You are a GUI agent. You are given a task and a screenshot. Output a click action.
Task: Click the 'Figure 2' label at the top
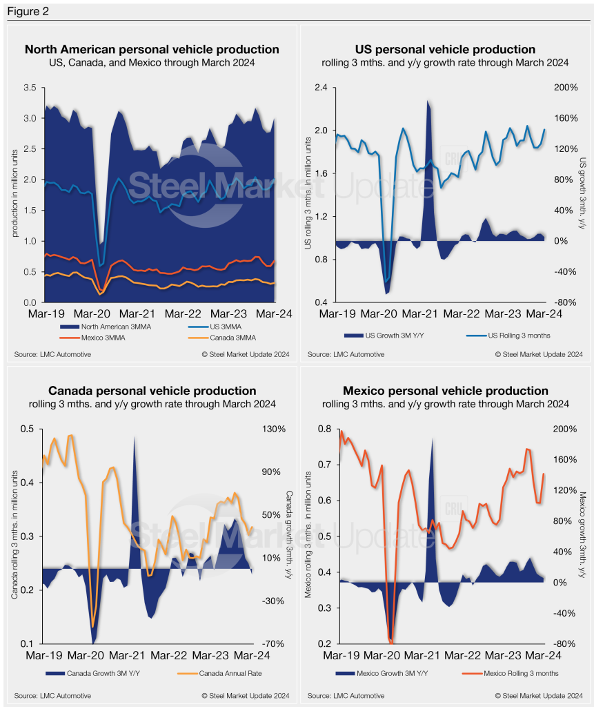click(26, 12)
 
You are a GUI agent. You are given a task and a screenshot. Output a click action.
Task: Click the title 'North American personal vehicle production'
click(152, 49)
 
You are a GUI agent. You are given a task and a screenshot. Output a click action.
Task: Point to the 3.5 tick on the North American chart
click(29, 88)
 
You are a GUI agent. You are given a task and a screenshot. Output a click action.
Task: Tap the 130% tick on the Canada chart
click(275, 429)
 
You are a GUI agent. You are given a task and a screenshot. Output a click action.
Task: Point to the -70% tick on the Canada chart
click(275, 643)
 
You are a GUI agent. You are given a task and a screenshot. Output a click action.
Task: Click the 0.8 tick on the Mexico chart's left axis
click(324, 429)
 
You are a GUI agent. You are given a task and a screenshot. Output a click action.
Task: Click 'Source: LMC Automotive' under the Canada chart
click(52, 695)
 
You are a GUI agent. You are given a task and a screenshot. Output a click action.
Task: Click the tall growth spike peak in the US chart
click(428, 101)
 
